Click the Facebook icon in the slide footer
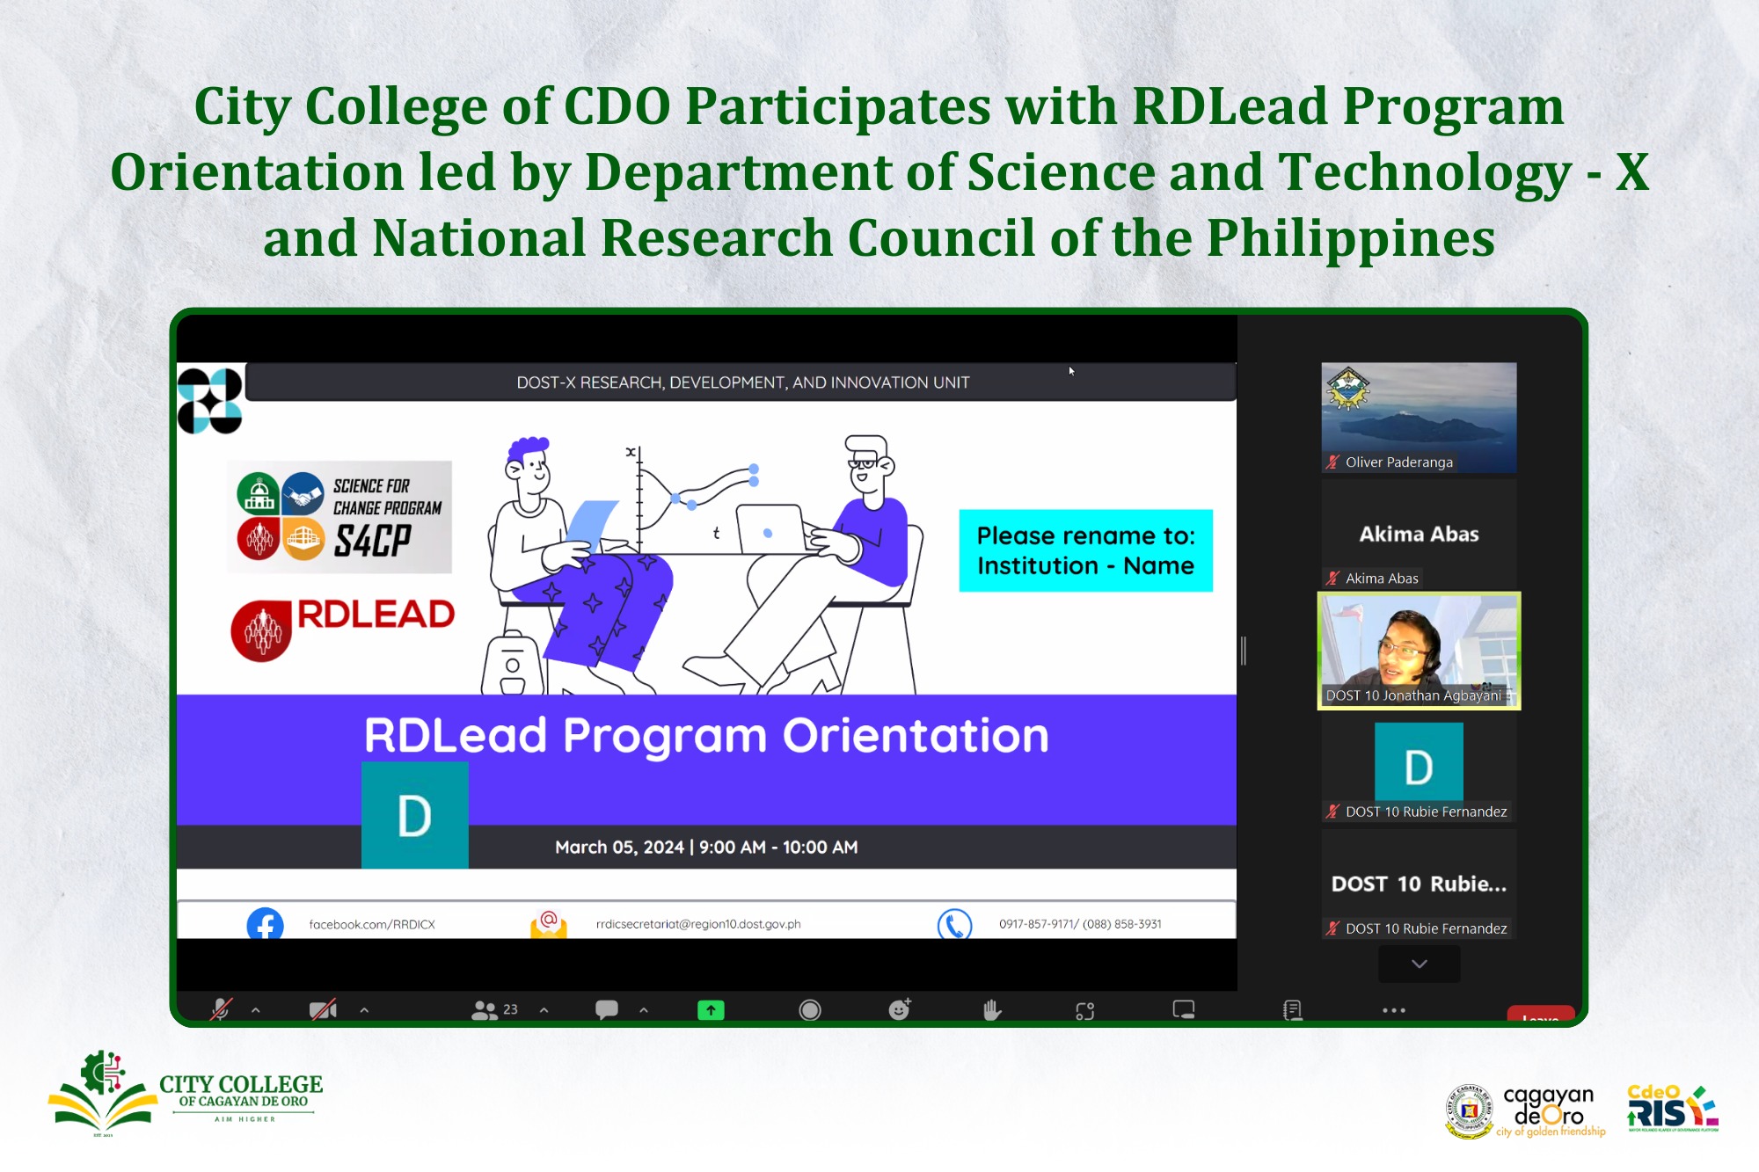(265, 923)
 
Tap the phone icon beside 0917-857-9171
(954, 924)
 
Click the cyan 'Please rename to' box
(1085, 550)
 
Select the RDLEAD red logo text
(376, 615)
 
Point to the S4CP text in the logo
(373, 540)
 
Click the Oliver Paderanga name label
(1398, 462)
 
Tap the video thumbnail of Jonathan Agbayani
(1419, 651)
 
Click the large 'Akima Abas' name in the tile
(1419, 534)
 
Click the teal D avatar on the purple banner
(414, 815)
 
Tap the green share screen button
(711, 1010)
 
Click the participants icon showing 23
(494, 1010)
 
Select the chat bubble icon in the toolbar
(607, 1009)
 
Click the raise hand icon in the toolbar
(992, 1010)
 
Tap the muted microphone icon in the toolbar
(221, 1009)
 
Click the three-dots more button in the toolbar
(1394, 1010)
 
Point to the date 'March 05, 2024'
(619, 847)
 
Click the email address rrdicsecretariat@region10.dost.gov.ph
(698, 924)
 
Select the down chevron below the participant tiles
(1419, 965)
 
